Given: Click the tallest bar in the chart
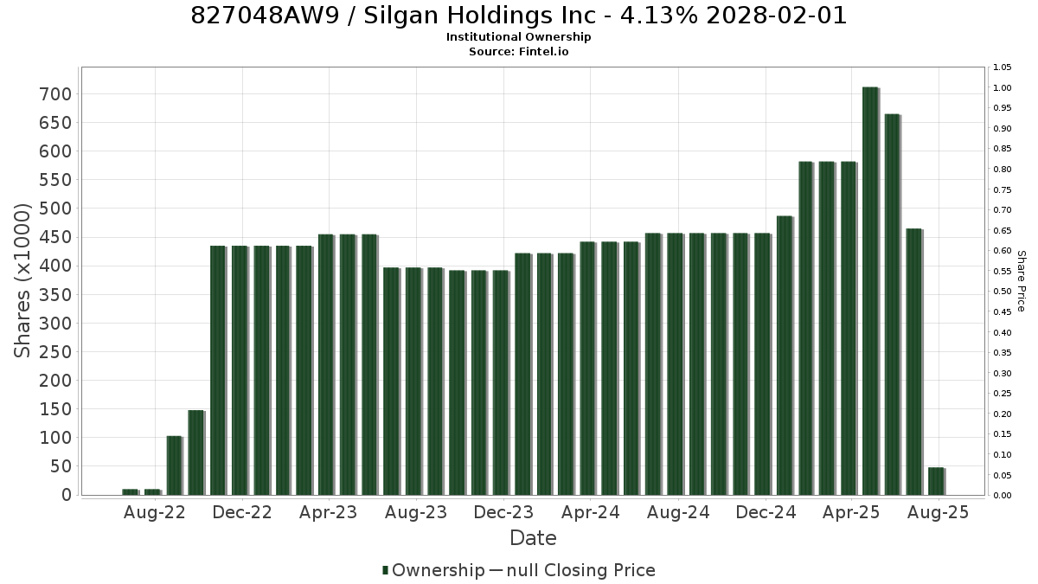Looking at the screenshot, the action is coord(871,291).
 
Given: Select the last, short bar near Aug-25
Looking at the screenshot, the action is coord(937,481).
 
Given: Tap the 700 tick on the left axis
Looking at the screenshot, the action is coord(55,94).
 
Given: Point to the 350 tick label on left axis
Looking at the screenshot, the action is coord(55,295).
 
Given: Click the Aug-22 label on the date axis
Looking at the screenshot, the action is coord(154,512).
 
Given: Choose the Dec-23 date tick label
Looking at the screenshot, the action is coord(503,512).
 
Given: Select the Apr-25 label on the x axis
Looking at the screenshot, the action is coord(851,512).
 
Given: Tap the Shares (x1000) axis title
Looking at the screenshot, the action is coord(22,281).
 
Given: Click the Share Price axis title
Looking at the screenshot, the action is coord(1022,281).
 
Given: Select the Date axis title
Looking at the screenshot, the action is coord(533,538).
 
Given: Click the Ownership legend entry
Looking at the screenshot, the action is coord(433,570).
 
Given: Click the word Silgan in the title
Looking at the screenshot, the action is coord(400,16).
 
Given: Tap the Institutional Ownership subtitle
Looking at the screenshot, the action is coord(518,37).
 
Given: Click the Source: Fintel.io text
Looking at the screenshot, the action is coord(518,51).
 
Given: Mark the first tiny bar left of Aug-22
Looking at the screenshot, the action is coord(131,492).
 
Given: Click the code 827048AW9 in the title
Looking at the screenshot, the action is coord(266,16).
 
